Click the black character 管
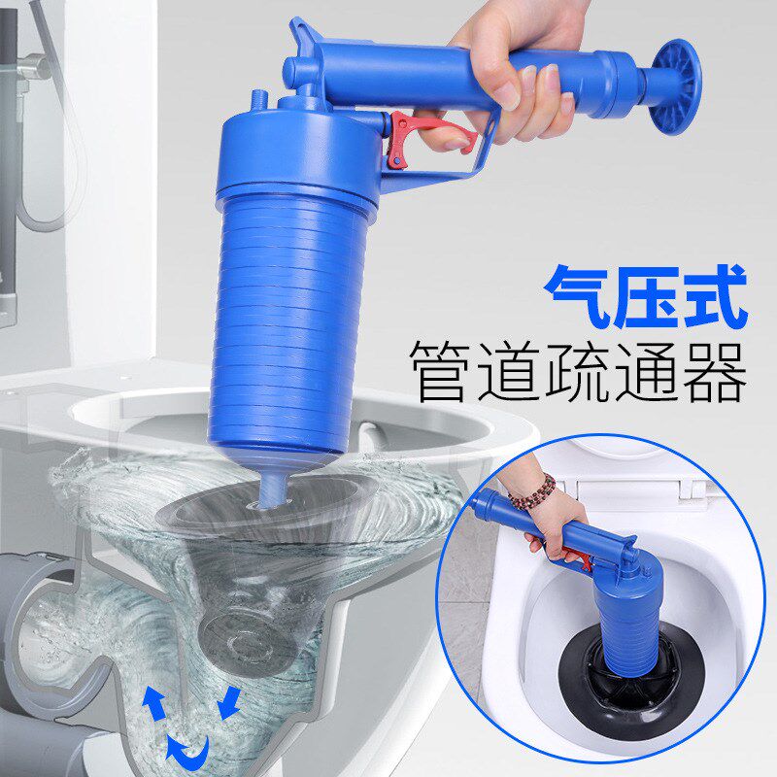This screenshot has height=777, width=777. click(x=443, y=371)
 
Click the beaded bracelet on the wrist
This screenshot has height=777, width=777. click(x=532, y=493)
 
